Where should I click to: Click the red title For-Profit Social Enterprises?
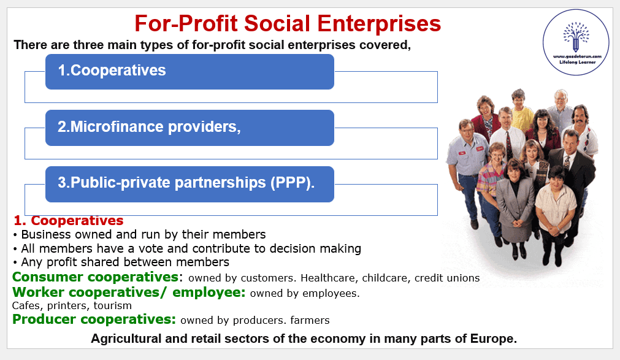pos(288,23)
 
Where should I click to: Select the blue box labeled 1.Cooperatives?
pos(189,72)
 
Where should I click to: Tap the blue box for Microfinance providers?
pos(189,128)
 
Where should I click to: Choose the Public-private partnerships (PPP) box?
pos(189,184)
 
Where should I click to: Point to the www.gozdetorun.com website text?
pos(577,56)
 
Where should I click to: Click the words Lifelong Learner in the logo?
pos(577,62)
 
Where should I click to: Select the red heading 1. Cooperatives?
pos(69,220)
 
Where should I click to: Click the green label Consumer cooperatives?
pos(95,277)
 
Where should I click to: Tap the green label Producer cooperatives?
pos(94,320)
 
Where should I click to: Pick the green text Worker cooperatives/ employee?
pos(129,293)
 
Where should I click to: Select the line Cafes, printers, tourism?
pos(72,306)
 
